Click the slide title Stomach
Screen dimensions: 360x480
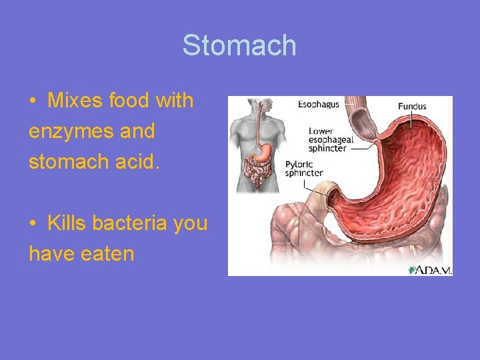click(239, 46)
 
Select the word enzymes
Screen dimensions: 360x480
click(65, 132)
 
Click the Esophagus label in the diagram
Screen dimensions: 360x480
click(319, 104)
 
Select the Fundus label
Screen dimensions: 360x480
click(412, 106)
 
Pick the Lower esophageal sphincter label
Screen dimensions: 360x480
click(327, 140)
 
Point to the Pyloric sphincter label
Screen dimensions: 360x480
click(304, 169)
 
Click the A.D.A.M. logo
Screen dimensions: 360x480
click(430, 269)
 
